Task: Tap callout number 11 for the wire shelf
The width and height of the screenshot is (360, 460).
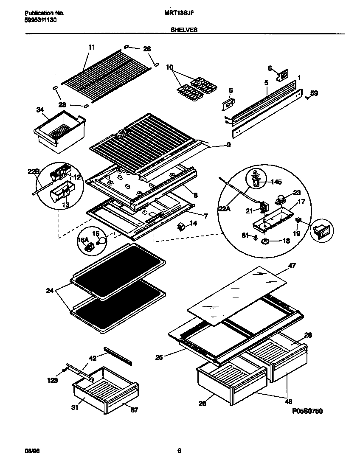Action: coord(92,47)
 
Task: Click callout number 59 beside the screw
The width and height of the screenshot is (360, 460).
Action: coord(314,93)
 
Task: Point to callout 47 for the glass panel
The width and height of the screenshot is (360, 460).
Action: coord(292,265)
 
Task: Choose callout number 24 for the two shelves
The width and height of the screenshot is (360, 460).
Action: coord(50,291)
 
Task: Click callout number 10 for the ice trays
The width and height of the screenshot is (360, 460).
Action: coord(170,67)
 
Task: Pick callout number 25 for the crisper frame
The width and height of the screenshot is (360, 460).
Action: coord(159,357)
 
